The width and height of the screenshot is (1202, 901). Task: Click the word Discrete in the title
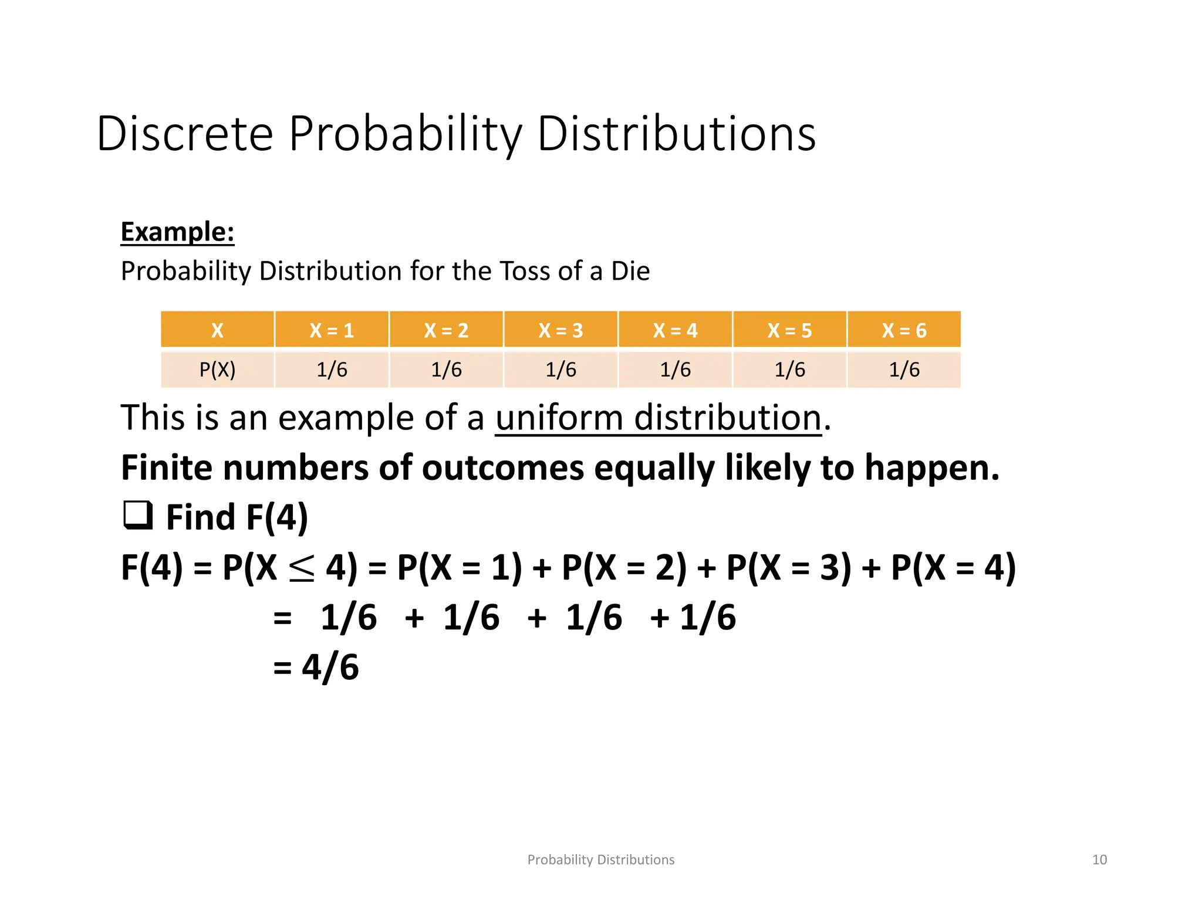[x=185, y=134]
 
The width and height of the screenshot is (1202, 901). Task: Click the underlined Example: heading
[x=177, y=232]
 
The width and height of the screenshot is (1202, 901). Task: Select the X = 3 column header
[x=561, y=330]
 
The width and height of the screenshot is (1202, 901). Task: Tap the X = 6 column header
[x=904, y=330]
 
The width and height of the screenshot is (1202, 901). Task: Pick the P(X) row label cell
[x=217, y=370]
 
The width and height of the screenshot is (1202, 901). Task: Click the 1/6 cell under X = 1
[x=332, y=370]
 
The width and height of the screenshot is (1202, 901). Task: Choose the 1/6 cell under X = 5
[x=789, y=370]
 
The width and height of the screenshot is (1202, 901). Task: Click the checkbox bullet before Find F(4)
[x=138, y=516]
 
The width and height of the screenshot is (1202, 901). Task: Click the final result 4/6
[x=330, y=667]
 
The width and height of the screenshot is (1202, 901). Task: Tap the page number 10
[x=1099, y=860]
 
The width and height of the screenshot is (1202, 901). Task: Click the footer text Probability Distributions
[x=600, y=860]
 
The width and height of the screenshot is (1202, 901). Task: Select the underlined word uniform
[x=559, y=418]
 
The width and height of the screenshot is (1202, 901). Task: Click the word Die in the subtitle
[x=630, y=271]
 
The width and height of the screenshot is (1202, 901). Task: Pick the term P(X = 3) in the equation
[x=788, y=568]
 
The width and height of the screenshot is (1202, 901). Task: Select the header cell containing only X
[x=217, y=330]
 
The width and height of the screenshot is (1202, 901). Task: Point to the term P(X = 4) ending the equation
[x=953, y=568]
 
